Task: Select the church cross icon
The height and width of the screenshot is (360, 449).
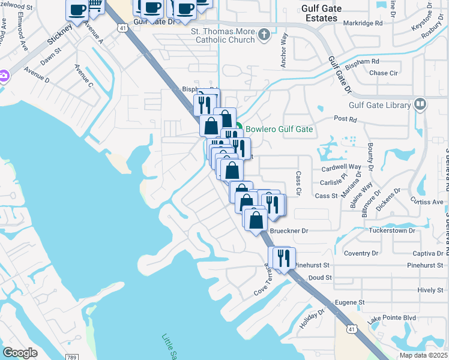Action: (264, 35)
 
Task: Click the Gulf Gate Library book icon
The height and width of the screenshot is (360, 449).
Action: (420, 104)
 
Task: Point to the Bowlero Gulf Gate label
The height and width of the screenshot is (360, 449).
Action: (279, 129)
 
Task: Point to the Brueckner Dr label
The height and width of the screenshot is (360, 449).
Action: (289, 230)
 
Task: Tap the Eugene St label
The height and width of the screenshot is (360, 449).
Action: (349, 302)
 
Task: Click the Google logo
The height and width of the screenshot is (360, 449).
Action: (20, 352)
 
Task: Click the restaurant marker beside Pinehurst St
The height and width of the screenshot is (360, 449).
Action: (282, 257)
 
